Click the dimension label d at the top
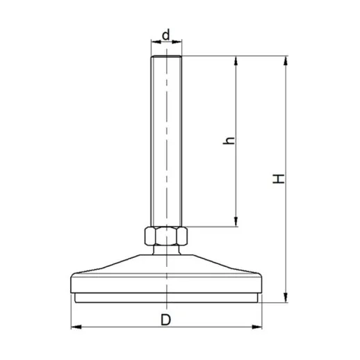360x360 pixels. [166, 34]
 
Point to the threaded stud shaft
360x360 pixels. [166, 139]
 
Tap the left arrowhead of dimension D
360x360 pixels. [75, 327]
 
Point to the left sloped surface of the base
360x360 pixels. [115, 265]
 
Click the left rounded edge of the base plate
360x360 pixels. [72, 285]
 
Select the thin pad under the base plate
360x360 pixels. [166, 299]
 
